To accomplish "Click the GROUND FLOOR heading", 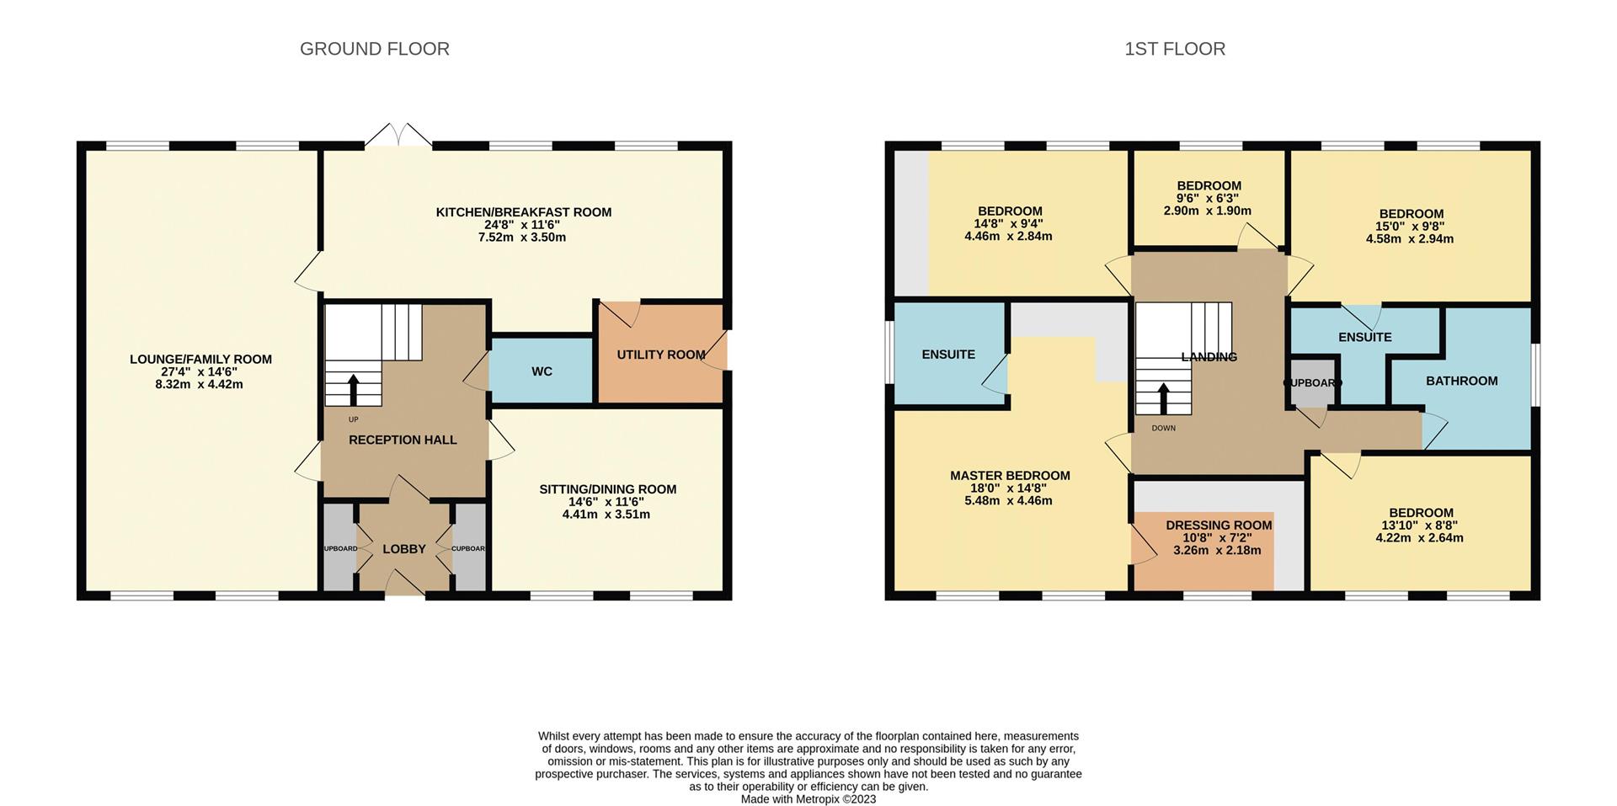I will click(374, 49).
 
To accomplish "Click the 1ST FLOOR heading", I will click(1174, 49).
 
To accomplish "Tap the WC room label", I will click(542, 371).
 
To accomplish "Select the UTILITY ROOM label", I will click(660, 355).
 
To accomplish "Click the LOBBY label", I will click(404, 549).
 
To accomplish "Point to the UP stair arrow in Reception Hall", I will click(353, 389).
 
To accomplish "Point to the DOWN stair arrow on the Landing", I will click(1163, 398).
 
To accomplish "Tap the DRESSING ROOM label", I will click(1218, 526).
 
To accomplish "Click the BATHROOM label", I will click(1461, 381).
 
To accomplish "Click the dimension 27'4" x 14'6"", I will click(200, 371).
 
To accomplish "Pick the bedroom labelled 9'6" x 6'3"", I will click(1208, 198).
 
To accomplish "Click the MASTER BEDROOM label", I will click(1010, 476).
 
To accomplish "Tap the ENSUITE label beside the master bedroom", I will click(948, 355).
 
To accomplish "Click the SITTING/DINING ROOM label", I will click(607, 489).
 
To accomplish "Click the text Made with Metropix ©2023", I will click(808, 799).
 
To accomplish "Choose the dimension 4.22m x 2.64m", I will click(1419, 537).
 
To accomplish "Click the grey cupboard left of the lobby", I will click(339, 548).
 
